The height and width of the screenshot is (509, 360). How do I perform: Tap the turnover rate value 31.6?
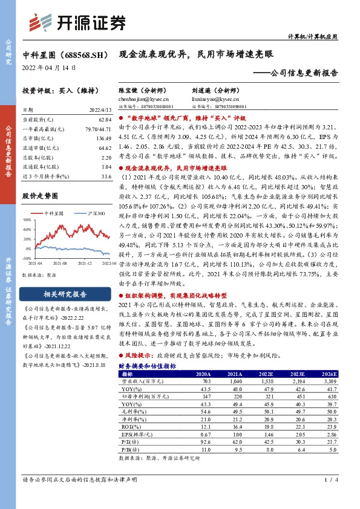106,176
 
